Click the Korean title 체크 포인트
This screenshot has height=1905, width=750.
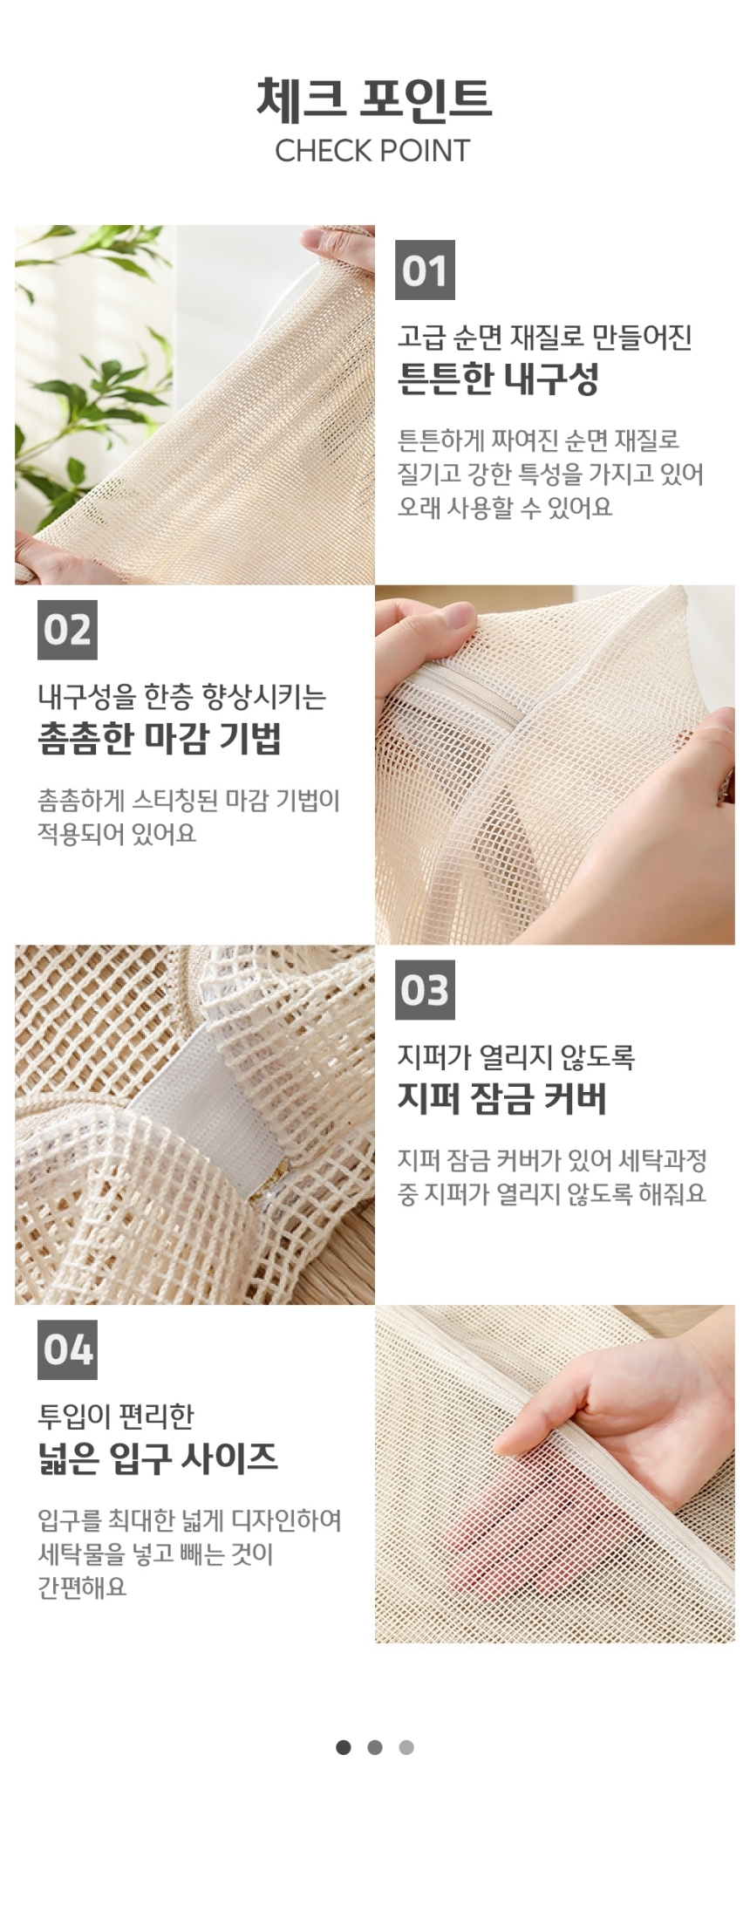(x=374, y=98)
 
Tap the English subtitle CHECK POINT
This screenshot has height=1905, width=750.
(x=372, y=151)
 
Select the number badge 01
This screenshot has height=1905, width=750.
(x=425, y=270)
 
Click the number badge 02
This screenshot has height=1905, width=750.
(x=67, y=630)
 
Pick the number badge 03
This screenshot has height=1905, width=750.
(x=425, y=990)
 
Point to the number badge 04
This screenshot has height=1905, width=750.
(x=67, y=1349)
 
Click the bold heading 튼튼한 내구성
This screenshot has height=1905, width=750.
(x=498, y=379)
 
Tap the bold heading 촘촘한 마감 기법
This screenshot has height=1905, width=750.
(x=160, y=739)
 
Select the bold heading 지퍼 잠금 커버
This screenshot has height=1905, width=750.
(x=501, y=1098)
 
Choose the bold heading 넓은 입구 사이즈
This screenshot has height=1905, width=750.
(x=158, y=1458)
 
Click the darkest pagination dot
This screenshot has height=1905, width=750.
(x=344, y=1747)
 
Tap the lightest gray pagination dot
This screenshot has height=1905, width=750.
(x=406, y=1747)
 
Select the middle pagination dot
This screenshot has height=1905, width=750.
(x=375, y=1747)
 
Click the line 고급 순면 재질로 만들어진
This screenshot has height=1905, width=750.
(x=545, y=337)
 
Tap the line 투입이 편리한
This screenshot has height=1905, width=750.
(x=116, y=1416)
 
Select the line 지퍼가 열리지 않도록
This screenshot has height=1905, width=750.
(x=516, y=1056)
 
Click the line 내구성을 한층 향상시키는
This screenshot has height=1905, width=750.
(x=182, y=697)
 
